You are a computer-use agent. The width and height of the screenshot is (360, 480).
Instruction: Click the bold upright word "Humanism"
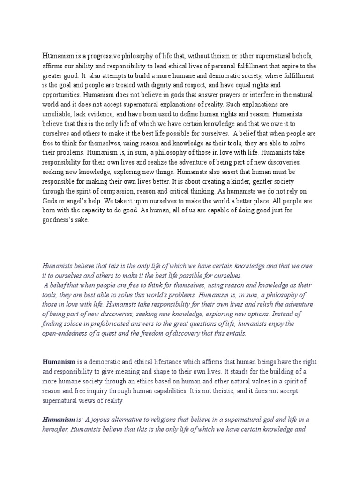(59, 362)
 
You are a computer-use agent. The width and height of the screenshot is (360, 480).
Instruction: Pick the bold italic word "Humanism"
(59, 420)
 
